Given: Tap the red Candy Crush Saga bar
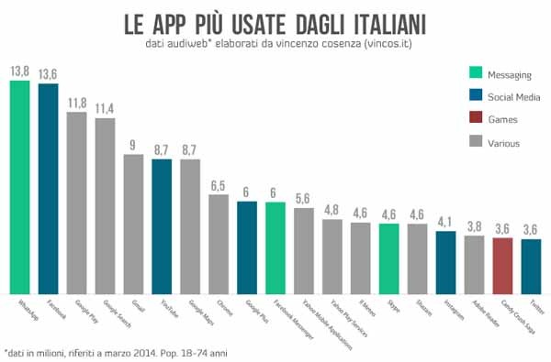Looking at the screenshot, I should pos(502,265).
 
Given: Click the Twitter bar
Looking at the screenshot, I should pos(531,265).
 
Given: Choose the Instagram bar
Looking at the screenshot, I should pos(445,261).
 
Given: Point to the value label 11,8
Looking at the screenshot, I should pos(77,102).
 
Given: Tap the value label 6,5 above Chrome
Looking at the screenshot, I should pos(219,185).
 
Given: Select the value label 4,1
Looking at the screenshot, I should pos(445,221).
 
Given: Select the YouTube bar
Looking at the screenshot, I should pos(162,225).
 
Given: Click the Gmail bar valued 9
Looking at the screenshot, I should pos(133,224).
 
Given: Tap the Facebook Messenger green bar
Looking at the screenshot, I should pos(275,247).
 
